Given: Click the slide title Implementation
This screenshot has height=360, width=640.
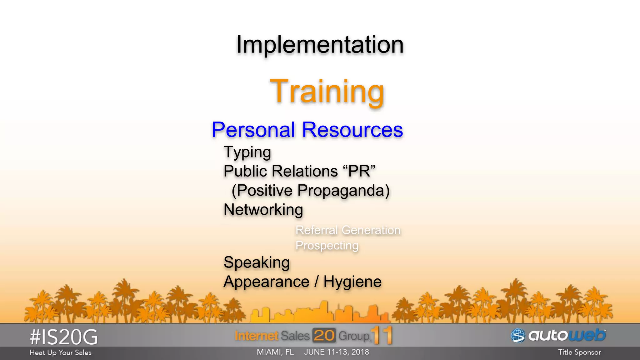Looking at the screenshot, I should pyautogui.click(x=320, y=45).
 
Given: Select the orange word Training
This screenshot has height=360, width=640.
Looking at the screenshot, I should pyautogui.click(x=327, y=91).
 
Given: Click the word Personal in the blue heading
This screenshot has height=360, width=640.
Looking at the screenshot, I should pyautogui.click(x=253, y=130).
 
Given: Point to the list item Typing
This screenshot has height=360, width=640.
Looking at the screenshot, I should pyautogui.click(x=247, y=152).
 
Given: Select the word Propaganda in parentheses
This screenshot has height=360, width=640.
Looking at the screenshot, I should pyautogui.click(x=343, y=190).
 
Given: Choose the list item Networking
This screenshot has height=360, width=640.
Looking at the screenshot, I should pyautogui.click(x=263, y=210).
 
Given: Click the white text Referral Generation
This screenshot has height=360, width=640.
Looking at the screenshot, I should pyautogui.click(x=348, y=230).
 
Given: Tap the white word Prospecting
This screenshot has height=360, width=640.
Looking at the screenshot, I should pyautogui.click(x=327, y=246).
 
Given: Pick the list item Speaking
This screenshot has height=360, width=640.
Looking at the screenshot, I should pyautogui.click(x=257, y=262).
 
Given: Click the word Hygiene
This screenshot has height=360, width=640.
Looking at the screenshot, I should pyautogui.click(x=352, y=282).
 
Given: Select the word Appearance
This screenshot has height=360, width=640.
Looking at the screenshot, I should pyautogui.click(x=266, y=282).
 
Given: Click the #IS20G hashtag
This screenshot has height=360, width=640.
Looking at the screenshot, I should pyautogui.click(x=63, y=337).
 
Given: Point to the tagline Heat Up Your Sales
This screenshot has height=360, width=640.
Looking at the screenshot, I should pyautogui.click(x=60, y=352).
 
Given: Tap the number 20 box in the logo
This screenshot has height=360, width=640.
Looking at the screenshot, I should pyautogui.click(x=324, y=336).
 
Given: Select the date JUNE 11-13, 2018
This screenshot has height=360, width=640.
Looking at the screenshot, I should pyautogui.click(x=336, y=352).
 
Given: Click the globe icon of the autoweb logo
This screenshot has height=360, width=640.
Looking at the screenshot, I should pyautogui.click(x=518, y=336).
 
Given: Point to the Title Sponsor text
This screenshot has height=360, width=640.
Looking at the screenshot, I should pyautogui.click(x=579, y=352).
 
